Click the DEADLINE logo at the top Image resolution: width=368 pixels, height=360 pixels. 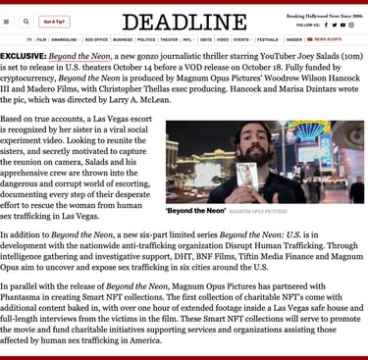184,22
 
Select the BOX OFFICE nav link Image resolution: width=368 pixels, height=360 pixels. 96,40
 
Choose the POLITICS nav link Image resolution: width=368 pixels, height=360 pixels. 146,40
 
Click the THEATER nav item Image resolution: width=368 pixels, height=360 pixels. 169,40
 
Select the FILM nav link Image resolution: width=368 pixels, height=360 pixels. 41,40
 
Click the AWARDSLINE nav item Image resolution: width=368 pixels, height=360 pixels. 64,40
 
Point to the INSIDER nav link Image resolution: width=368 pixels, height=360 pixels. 293,40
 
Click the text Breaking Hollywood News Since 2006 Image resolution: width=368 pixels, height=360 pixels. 324,16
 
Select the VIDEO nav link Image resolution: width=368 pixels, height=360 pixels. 223,40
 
